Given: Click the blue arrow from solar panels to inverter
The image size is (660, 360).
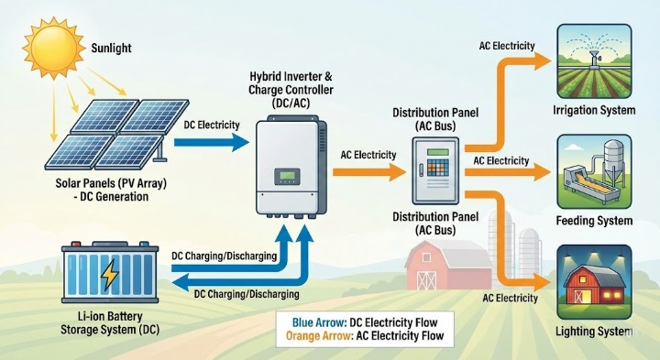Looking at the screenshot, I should (210, 141).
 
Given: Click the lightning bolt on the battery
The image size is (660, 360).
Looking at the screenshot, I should (109, 274).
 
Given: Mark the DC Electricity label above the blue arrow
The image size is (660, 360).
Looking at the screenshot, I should (212, 125).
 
